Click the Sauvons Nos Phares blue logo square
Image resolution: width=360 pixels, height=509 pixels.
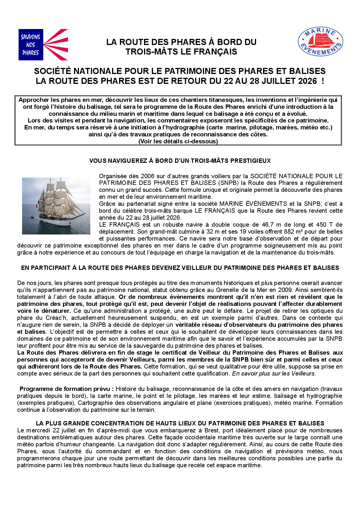(31, 45)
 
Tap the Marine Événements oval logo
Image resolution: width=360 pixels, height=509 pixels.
(321, 42)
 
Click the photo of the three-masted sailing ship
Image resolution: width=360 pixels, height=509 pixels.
(56, 206)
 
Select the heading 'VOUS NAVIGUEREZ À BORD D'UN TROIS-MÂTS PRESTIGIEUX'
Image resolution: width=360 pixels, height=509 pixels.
(180, 161)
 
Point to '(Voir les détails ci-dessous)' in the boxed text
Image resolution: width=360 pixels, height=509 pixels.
(178, 141)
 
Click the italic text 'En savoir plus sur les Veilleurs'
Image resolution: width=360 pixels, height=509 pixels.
(273, 373)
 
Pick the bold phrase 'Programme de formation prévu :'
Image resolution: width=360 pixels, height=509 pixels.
(66, 389)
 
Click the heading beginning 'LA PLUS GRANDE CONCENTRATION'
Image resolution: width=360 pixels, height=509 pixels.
(180, 423)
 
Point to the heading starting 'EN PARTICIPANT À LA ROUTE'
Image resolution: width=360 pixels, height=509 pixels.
(180, 268)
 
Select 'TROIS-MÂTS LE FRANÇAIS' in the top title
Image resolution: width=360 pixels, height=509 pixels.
(181, 52)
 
